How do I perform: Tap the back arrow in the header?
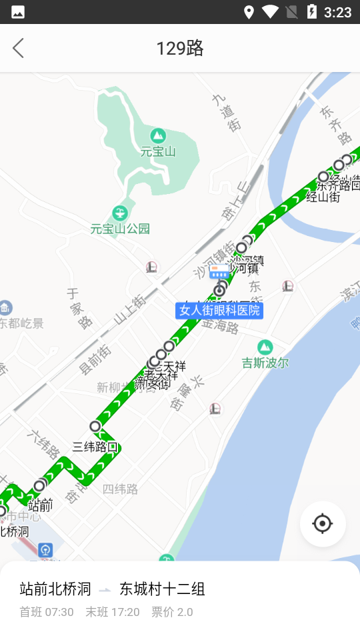(x=18, y=48)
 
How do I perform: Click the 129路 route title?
(x=180, y=48)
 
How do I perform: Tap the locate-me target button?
(x=323, y=524)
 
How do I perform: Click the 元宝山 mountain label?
(x=158, y=151)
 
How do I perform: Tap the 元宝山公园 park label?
(x=120, y=229)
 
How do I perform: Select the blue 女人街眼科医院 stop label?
(x=219, y=311)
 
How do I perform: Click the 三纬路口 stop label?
(x=95, y=447)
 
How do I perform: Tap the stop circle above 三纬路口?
(x=95, y=426)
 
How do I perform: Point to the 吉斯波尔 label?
(x=265, y=363)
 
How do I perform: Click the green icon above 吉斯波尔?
(x=265, y=347)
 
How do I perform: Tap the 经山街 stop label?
(x=323, y=197)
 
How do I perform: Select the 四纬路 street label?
(x=121, y=489)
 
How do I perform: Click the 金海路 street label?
(x=220, y=327)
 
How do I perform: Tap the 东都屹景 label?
(x=21, y=323)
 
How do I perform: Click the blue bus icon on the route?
(x=219, y=271)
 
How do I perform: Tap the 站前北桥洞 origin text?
(x=55, y=589)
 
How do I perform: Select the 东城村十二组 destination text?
(x=162, y=589)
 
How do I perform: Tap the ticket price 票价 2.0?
(x=172, y=612)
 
